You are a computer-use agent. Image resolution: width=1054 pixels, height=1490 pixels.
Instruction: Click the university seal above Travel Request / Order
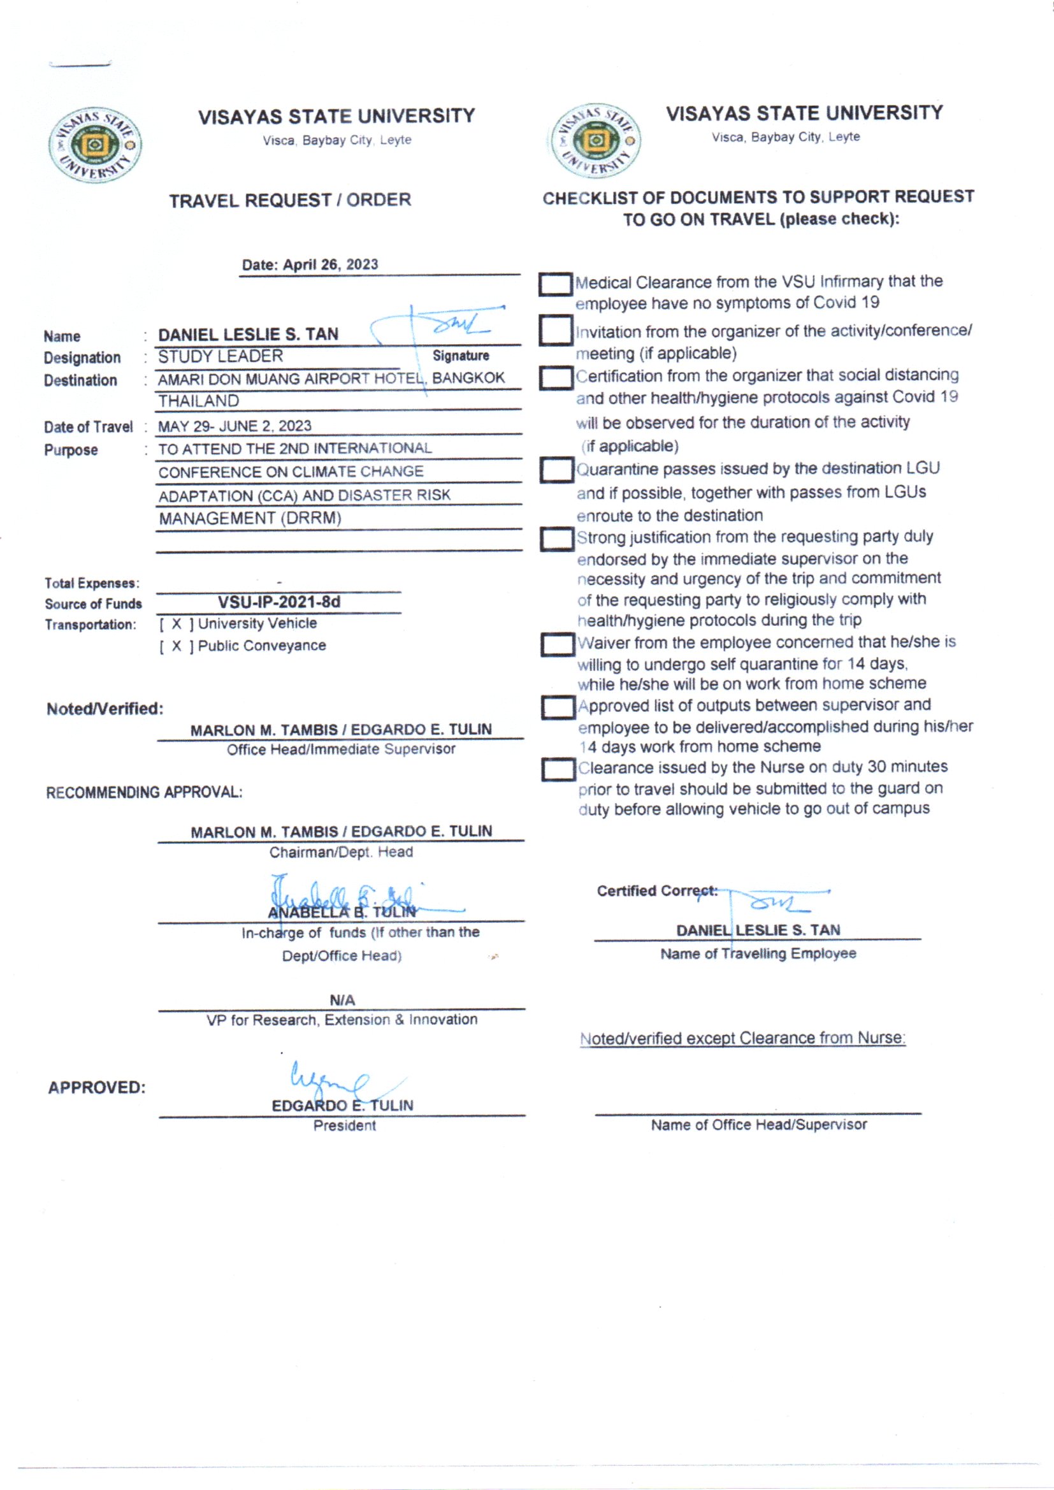tap(95, 145)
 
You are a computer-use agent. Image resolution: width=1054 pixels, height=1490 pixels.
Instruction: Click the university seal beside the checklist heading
tap(596, 141)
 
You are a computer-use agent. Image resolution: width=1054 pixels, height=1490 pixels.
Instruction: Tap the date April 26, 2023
tap(310, 264)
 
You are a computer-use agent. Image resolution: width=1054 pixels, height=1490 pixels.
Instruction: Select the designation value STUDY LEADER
tap(220, 356)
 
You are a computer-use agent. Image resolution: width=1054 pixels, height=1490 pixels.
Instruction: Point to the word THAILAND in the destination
tap(199, 401)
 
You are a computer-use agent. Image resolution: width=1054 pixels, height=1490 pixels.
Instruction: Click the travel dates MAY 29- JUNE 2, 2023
tap(235, 426)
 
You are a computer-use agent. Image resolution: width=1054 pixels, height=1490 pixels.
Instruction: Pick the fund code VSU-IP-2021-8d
tap(279, 602)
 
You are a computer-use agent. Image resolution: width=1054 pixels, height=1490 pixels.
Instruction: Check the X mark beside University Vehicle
tap(177, 625)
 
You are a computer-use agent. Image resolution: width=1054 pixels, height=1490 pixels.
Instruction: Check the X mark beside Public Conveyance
tap(177, 646)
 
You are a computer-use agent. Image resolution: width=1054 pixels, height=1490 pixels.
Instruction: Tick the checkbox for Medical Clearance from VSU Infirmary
tap(556, 284)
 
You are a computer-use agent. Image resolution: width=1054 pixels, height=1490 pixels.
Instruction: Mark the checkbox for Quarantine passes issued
tap(556, 470)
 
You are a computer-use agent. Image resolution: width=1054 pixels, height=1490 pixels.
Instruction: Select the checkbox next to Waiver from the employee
tap(558, 644)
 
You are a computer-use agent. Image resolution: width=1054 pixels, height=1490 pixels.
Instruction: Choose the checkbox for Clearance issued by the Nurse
tap(558, 770)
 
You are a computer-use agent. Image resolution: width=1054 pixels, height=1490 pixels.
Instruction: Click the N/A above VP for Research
tap(342, 1000)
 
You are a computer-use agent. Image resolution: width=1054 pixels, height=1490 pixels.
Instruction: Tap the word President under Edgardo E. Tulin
tap(345, 1126)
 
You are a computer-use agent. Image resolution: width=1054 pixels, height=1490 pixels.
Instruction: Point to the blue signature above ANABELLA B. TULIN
tap(350, 899)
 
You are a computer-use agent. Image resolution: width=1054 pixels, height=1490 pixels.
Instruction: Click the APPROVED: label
tap(97, 1088)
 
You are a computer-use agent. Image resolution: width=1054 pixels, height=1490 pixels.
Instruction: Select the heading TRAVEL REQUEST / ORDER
tap(290, 201)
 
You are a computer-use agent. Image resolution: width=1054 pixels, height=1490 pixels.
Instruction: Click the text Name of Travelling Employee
tap(758, 954)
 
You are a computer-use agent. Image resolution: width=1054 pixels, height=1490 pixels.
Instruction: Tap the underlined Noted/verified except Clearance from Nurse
tap(742, 1038)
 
